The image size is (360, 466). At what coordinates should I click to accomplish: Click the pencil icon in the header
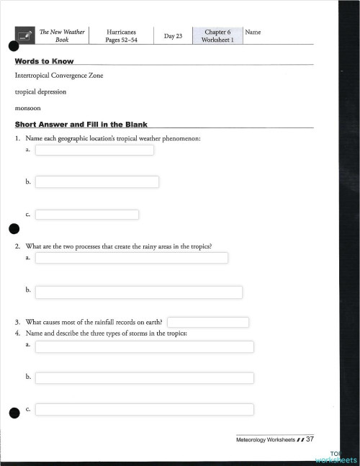tap(26, 35)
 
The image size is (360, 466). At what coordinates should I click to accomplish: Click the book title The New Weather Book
tap(62, 36)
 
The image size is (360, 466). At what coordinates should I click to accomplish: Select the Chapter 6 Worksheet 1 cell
tap(217, 36)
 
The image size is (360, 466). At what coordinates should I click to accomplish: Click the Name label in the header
tap(253, 32)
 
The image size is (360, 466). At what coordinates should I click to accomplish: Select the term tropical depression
tap(40, 91)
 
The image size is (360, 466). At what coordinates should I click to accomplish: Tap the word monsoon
tap(28, 107)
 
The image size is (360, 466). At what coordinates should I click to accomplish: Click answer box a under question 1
tap(94, 150)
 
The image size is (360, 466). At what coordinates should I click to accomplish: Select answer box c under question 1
tap(87, 214)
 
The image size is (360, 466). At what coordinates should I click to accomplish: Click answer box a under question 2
tap(132, 257)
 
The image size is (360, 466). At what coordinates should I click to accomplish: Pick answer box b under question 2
tap(139, 292)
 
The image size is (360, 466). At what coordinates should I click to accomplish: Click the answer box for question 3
tap(208, 322)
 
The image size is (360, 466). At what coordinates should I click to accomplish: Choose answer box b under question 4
tap(145, 377)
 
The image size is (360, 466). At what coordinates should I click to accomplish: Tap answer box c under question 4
tap(145, 409)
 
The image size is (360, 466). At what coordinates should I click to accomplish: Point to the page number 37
tap(310, 439)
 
